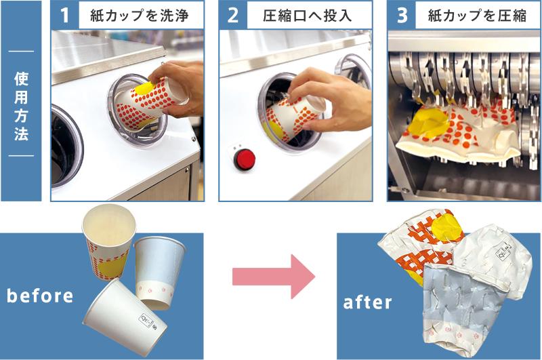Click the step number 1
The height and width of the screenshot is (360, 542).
[65, 15]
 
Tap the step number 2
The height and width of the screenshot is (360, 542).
[233, 15]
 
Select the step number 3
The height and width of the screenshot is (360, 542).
[402, 15]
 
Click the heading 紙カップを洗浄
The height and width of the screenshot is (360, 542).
[139, 16]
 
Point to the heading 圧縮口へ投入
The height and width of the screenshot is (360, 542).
[308, 16]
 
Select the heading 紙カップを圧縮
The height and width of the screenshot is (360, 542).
[477, 16]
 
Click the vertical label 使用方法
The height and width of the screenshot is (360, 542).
[21, 106]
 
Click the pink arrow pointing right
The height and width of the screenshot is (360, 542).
[274, 277]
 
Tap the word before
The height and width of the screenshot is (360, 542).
[40, 296]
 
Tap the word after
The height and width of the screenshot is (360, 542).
[367, 302]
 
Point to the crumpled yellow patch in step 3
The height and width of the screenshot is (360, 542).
[428, 123]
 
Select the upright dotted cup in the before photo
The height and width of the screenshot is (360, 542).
[109, 241]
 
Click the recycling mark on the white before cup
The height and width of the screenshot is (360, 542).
[147, 320]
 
